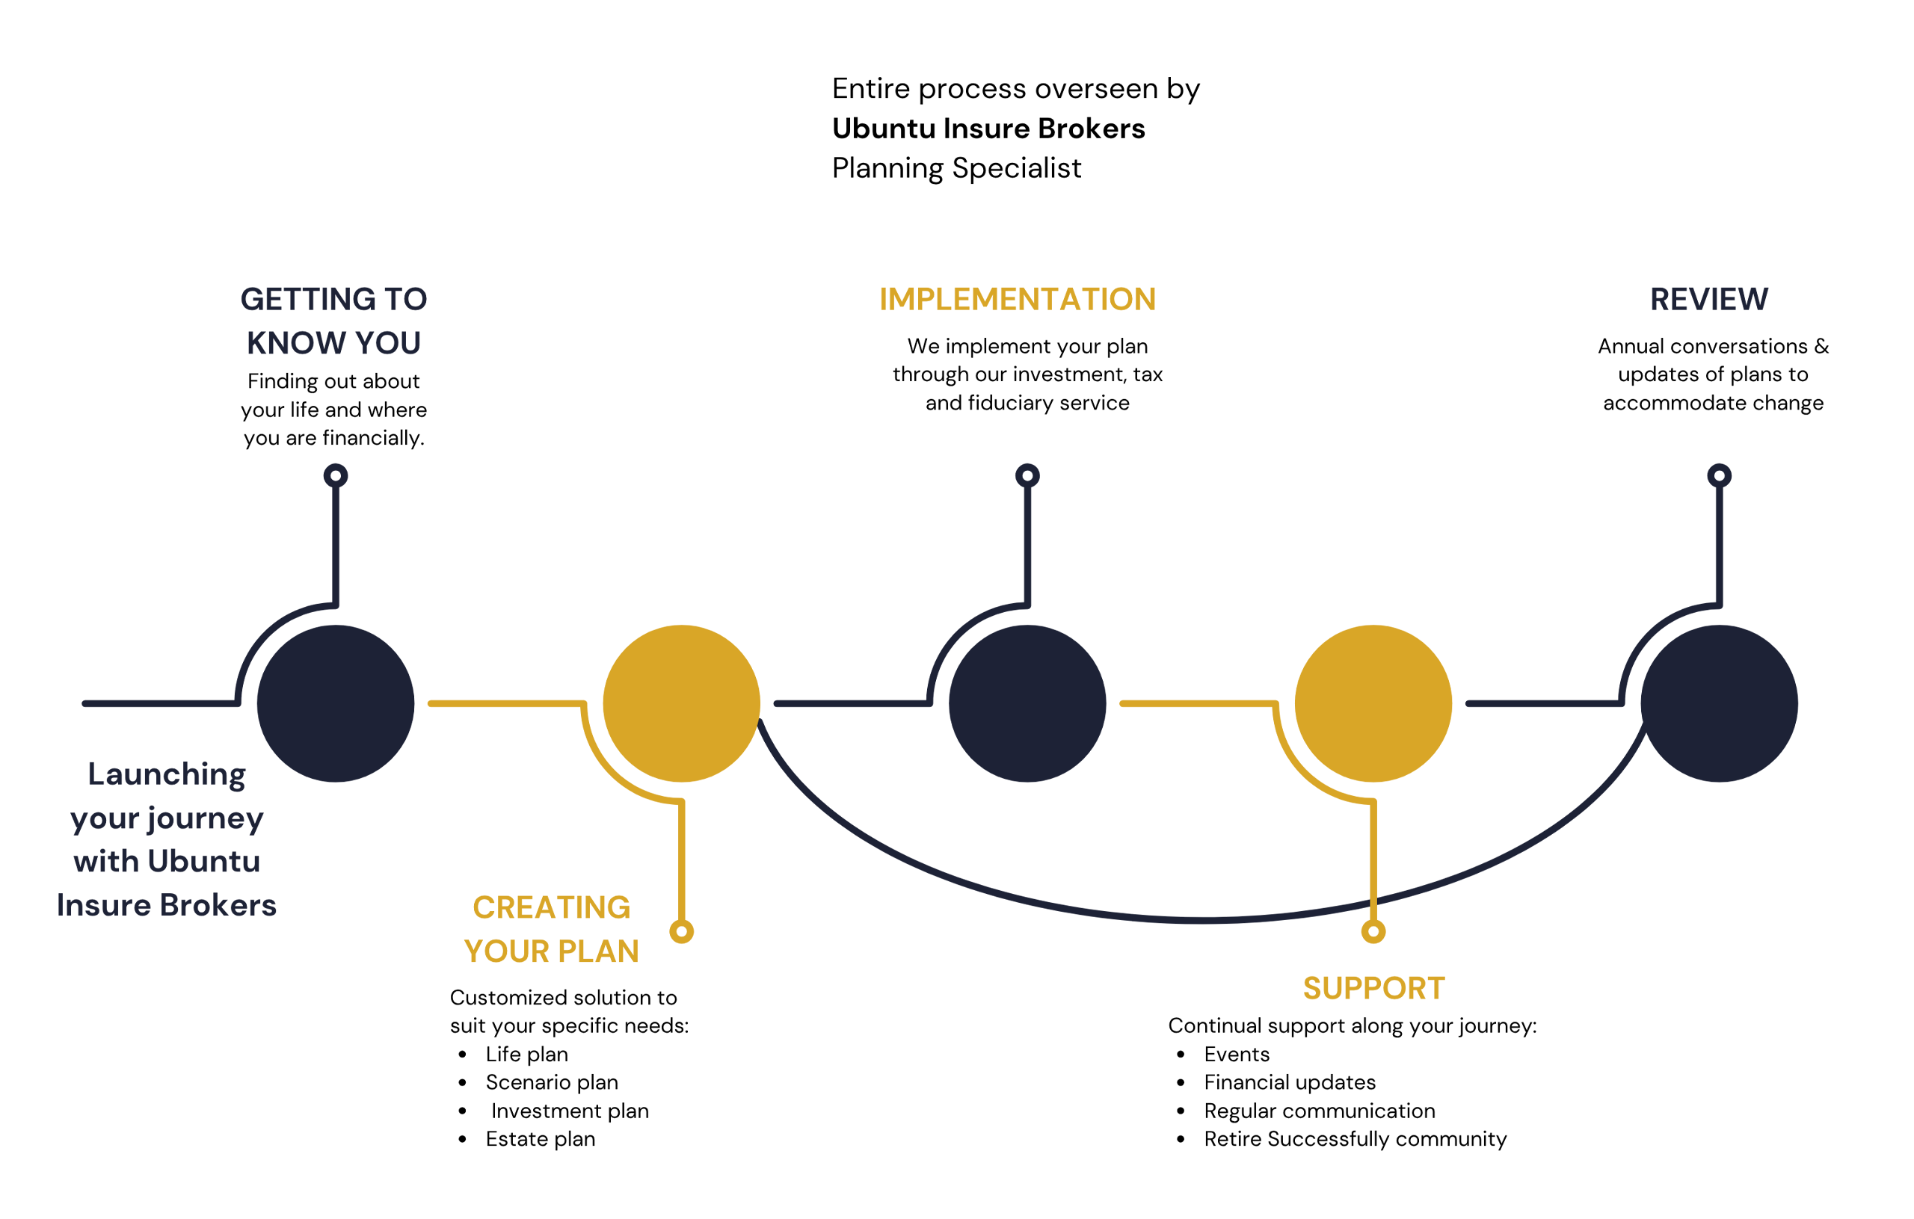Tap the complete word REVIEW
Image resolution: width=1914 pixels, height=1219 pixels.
click(x=1709, y=300)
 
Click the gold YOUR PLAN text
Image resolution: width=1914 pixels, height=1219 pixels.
click(x=549, y=945)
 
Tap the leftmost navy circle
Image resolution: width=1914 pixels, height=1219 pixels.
click(x=337, y=703)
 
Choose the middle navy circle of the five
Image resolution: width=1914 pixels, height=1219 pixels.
click(x=1028, y=703)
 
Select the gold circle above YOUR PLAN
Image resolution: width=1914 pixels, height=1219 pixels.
click(x=682, y=703)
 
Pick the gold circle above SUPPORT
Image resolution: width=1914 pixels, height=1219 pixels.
click(x=1373, y=703)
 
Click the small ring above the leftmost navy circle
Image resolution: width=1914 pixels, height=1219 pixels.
click(x=337, y=476)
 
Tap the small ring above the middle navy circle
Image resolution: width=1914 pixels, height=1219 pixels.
click(x=1028, y=476)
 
